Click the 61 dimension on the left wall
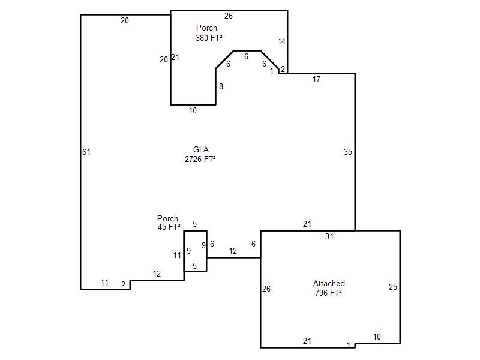click(86, 152)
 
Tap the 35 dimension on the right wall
click(348, 152)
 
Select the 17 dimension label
click(316, 80)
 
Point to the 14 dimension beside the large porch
click(281, 41)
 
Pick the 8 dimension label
click(221, 86)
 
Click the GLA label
click(201, 149)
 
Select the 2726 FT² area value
click(200, 159)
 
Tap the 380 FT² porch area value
click(209, 38)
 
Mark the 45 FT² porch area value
click(169, 227)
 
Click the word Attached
click(329, 283)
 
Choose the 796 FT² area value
click(328, 293)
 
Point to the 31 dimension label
click(329, 236)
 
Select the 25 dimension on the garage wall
click(393, 287)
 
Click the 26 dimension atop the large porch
click(229, 16)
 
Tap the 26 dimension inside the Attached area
click(266, 289)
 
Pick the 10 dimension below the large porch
click(193, 110)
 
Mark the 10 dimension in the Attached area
click(377, 337)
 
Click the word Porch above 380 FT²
click(206, 28)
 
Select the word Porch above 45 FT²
click(167, 218)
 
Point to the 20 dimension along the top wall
click(125, 20)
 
